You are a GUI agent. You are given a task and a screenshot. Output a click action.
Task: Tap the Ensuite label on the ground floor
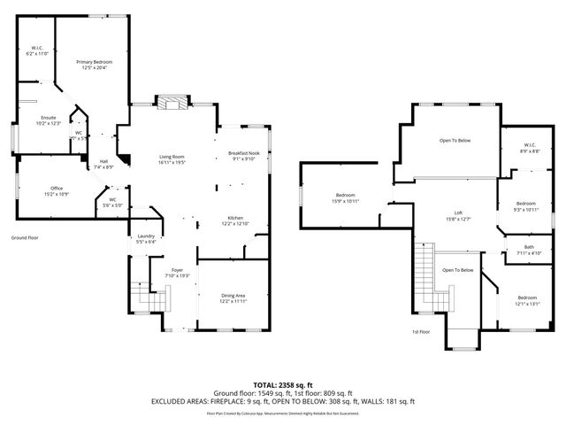49,118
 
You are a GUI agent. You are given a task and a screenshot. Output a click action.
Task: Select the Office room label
57,189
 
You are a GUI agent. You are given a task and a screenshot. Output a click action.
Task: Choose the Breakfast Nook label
243,154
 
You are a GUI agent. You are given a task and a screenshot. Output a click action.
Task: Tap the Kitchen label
236,219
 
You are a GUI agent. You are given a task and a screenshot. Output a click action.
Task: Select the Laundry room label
145,236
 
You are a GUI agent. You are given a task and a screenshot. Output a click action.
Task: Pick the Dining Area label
232,295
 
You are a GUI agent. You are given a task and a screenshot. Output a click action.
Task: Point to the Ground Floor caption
25,237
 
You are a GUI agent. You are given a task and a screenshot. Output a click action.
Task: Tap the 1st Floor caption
421,331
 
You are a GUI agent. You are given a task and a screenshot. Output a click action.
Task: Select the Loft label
458,213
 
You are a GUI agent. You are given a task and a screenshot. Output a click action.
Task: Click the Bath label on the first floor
528,247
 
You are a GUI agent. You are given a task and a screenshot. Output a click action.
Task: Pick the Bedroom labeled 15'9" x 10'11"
345,195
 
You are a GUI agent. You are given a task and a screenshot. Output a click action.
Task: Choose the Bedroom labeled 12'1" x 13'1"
527,297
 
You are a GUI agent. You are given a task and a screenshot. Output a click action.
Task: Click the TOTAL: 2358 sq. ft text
282,384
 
